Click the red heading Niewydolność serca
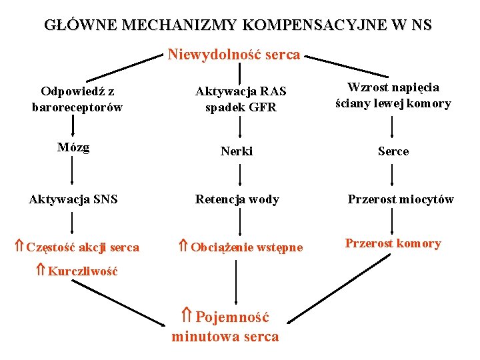[x=234, y=55]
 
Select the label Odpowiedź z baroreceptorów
[x=77, y=99]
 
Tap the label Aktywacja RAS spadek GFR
[x=236, y=99]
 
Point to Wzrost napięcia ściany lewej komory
[x=393, y=95]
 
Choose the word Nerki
[x=237, y=151]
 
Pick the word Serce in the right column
[x=393, y=151]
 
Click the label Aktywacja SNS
[x=73, y=199]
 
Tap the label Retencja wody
[x=237, y=199]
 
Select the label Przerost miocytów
[x=401, y=199]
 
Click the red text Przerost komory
[x=393, y=243]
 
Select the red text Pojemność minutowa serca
[x=225, y=327]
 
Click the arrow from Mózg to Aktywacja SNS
[x=73, y=173]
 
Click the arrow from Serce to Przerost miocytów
[x=393, y=175]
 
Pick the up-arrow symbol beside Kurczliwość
[x=40, y=271]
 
